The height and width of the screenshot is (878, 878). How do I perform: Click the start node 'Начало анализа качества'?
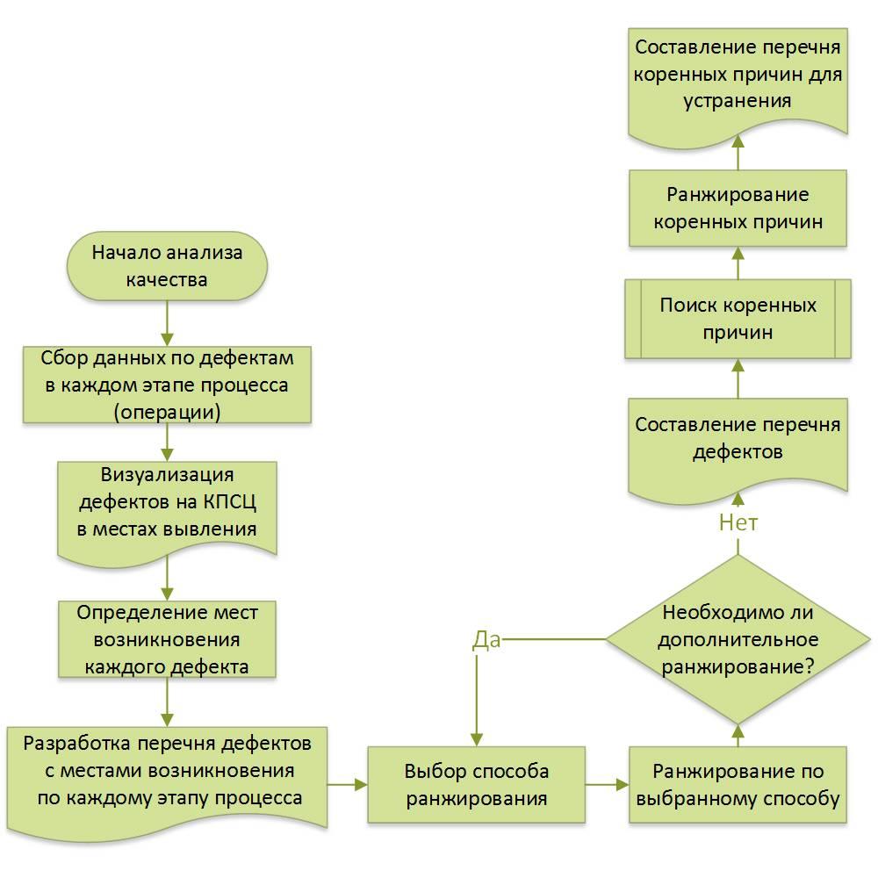click(x=167, y=267)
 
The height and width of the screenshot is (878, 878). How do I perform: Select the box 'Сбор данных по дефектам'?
click(x=167, y=385)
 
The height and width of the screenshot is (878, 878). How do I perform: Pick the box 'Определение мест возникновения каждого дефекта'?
click(x=167, y=638)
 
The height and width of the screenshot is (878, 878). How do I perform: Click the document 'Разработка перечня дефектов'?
click(x=167, y=771)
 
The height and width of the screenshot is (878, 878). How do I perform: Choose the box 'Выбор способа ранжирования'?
click(x=476, y=784)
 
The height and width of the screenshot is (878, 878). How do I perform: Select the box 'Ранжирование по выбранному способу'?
click(x=738, y=784)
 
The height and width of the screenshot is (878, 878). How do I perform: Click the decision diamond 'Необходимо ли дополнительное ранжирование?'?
click(x=738, y=640)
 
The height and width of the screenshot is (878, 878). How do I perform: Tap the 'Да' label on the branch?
click(x=486, y=639)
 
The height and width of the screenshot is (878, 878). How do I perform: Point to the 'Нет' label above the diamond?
click(x=738, y=523)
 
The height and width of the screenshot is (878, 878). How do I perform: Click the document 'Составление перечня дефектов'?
click(x=738, y=439)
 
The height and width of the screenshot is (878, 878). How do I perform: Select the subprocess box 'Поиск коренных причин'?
click(x=738, y=319)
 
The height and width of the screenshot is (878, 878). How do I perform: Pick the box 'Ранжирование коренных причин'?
click(x=738, y=208)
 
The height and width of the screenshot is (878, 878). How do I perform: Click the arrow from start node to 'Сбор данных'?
click(x=167, y=324)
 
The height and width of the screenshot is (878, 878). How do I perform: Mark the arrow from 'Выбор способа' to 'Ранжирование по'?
click(x=607, y=784)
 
